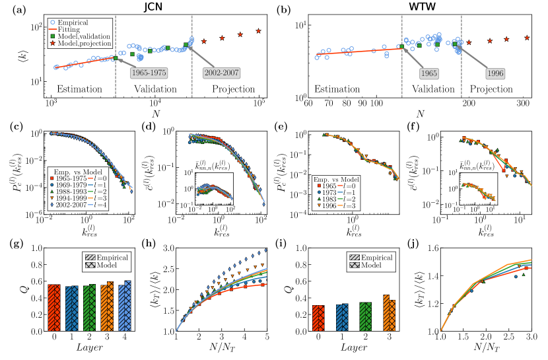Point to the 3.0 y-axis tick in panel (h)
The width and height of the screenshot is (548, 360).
pos(170,248)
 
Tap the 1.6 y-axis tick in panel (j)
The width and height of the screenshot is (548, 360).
pos(432,248)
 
